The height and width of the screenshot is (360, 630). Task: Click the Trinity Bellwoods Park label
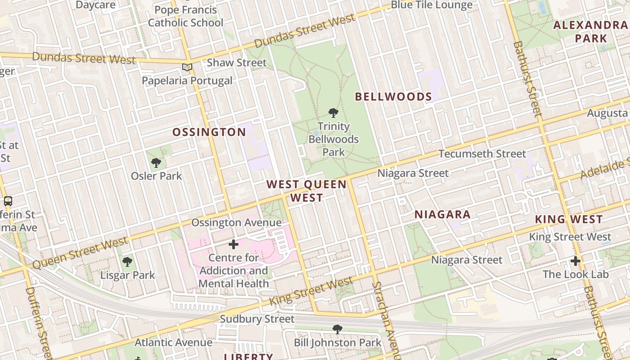pyautogui.click(x=333, y=139)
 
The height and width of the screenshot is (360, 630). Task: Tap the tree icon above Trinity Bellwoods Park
pyautogui.click(x=333, y=112)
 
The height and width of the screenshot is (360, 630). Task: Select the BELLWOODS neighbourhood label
pyautogui.click(x=393, y=97)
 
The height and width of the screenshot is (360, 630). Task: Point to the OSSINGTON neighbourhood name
pyautogui.click(x=209, y=132)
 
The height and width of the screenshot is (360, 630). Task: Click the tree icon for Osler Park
pyautogui.click(x=156, y=162)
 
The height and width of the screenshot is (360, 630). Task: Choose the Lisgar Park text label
pyautogui.click(x=127, y=275)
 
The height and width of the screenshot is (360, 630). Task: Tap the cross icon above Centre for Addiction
pyautogui.click(x=234, y=244)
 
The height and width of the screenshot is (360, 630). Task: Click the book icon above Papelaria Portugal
pyautogui.click(x=187, y=67)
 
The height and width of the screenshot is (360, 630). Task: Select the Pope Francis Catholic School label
pyautogui.click(x=185, y=16)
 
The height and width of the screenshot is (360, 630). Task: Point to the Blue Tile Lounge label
pyautogui.click(x=432, y=5)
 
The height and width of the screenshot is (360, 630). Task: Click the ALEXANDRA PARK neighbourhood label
pyautogui.click(x=590, y=31)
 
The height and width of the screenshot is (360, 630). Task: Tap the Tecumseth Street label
pyautogui.click(x=482, y=154)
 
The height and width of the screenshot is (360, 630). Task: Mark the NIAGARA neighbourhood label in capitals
pyautogui.click(x=442, y=215)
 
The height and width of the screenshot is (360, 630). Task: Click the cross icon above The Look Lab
pyautogui.click(x=576, y=261)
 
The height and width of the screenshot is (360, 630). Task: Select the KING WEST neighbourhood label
pyautogui.click(x=568, y=220)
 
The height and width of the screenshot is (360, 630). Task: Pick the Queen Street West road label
pyautogui.click(x=80, y=253)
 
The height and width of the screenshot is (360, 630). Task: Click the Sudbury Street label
pyautogui.click(x=257, y=319)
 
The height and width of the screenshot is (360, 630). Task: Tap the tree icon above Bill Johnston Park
pyautogui.click(x=337, y=329)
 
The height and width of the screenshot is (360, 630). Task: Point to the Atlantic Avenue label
pyautogui.click(x=173, y=342)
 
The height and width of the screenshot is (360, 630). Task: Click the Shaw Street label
pyautogui.click(x=237, y=63)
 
